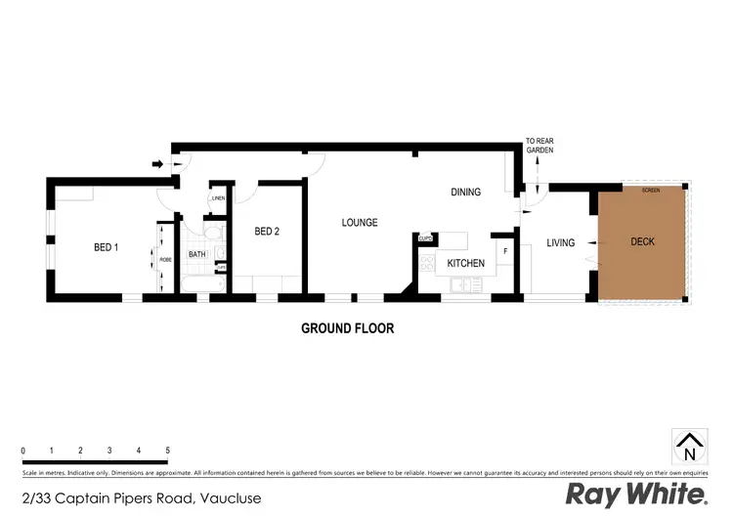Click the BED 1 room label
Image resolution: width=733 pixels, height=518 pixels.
[x=106, y=247]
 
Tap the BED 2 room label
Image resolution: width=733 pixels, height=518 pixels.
[x=267, y=232]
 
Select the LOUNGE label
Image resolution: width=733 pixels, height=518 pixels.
[x=359, y=223]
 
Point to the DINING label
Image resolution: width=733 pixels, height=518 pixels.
[x=465, y=192]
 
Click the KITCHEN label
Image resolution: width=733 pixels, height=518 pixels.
[x=465, y=263]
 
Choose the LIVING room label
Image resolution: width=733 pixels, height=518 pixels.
[x=560, y=242]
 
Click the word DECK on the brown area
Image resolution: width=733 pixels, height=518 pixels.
[x=642, y=241]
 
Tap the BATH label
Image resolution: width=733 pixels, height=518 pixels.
[x=197, y=255]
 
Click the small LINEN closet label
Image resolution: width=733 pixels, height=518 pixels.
[x=218, y=199]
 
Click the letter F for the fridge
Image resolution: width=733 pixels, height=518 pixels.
[x=504, y=252]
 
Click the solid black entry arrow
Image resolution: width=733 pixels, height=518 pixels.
[x=158, y=164]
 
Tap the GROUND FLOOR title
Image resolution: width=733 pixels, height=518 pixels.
[x=347, y=328]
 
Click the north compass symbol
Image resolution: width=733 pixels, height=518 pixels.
[x=689, y=446]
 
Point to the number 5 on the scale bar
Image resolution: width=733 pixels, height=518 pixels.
[x=168, y=451]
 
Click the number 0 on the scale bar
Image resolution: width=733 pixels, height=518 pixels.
[x=22, y=451]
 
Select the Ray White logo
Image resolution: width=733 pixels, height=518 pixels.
[x=636, y=494]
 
